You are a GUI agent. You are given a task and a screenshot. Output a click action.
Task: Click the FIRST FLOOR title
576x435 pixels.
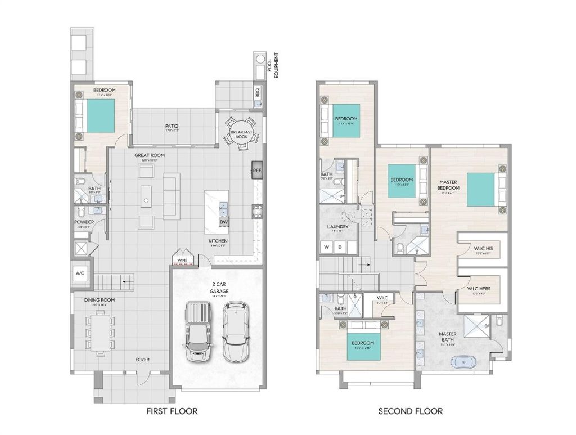(172, 411)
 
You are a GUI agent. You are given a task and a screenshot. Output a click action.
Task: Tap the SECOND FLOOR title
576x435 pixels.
(410, 411)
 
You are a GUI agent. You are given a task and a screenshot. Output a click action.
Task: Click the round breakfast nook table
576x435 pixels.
(242, 133)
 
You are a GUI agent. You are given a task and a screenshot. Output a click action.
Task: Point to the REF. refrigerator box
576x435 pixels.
(257, 171)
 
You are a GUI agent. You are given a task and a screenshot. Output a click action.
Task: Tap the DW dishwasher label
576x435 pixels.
(224, 222)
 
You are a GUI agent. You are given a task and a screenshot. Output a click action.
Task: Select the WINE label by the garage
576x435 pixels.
(182, 261)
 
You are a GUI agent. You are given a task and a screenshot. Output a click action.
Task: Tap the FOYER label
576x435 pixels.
(142, 359)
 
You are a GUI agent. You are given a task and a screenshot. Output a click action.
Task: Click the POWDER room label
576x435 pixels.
(84, 222)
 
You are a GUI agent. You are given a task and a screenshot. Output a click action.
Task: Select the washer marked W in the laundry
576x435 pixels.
(326, 246)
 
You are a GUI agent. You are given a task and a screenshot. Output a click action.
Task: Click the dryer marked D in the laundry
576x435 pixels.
(339, 246)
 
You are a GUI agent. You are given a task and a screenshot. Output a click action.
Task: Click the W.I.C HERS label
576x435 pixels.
(479, 289)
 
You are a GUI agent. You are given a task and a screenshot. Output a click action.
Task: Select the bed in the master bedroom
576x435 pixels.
(482, 190)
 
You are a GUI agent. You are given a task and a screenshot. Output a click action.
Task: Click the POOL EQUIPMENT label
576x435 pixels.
(272, 65)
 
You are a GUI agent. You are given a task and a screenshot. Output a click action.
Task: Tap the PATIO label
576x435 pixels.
(172, 127)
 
